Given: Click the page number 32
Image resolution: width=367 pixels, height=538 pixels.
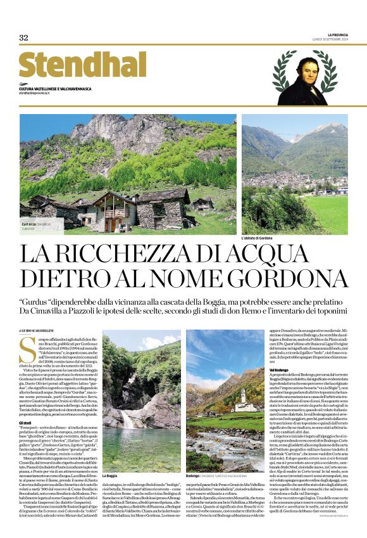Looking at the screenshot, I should coord(24,37).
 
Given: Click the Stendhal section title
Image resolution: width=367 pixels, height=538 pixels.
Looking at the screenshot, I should coord(74,65).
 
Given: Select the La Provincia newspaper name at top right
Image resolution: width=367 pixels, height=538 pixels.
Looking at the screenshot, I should coord(338,34).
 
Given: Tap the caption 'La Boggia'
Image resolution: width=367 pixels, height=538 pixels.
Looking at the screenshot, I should coord(109,475).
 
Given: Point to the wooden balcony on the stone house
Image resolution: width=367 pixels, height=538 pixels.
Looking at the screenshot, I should coord(114,214).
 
